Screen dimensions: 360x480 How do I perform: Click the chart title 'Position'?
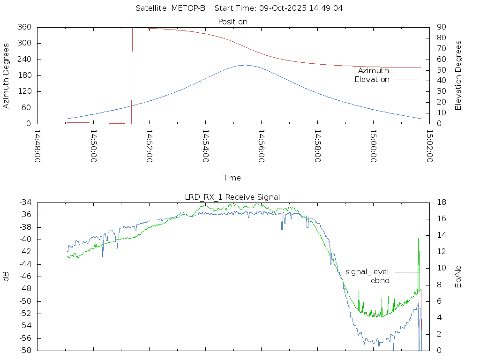point(233,22)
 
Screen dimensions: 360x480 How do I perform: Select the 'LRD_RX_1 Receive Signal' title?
point(232,197)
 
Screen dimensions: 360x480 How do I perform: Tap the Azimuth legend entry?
point(374,70)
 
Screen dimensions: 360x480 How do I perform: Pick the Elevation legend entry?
point(372,79)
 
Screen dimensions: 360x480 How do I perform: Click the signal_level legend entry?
point(367,271)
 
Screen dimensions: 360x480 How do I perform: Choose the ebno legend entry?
point(380,280)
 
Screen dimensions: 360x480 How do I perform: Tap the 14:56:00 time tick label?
point(261,146)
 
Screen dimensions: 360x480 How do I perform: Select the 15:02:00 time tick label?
point(429,146)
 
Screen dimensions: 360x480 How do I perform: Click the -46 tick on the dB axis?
point(23,277)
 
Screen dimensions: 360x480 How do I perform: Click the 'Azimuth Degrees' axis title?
point(6,75)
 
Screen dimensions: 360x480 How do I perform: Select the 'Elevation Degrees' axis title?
point(458,75)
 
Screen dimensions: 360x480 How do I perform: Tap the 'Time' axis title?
point(232,178)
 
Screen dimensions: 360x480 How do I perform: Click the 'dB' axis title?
point(6,276)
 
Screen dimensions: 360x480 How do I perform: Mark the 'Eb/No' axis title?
point(458,276)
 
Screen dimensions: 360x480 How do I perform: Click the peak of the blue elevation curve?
point(245,65)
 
